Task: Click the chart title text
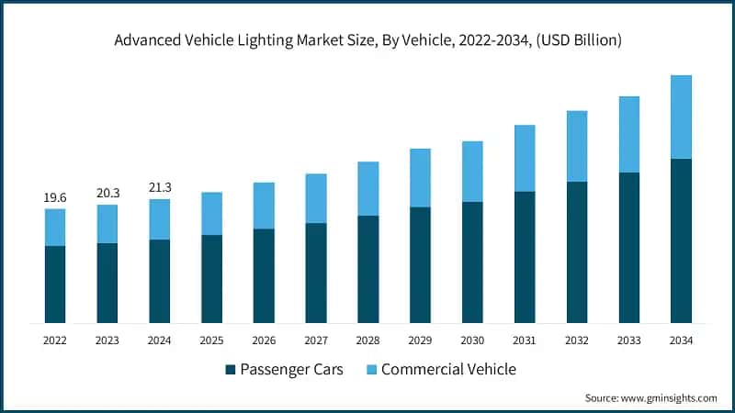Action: (367, 39)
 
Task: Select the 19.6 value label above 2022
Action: (55, 197)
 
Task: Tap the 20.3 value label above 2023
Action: (107, 193)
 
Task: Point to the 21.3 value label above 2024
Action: (160, 187)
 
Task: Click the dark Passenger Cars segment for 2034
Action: (681, 240)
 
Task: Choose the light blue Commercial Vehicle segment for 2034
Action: (681, 117)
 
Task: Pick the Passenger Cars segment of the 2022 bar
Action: (55, 285)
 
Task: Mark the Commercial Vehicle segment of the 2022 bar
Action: (55, 227)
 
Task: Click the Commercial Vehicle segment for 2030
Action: (472, 172)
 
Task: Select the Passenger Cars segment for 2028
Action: (367, 269)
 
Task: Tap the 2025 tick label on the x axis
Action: (212, 340)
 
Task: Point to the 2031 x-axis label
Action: (525, 340)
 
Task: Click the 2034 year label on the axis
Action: (681, 340)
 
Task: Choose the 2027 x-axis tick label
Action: (316, 340)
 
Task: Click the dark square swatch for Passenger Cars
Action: (230, 370)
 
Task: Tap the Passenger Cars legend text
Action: (292, 370)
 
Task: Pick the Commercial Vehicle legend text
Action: (448, 370)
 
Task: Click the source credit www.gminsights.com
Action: (650, 398)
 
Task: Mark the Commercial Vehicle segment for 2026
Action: (264, 205)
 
